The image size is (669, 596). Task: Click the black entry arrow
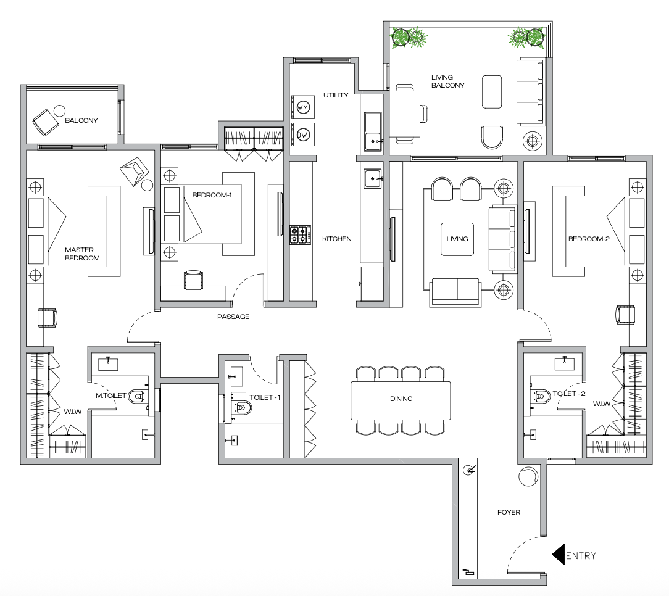[x=559, y=555]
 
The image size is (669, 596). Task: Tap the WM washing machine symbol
[x=302, y=107]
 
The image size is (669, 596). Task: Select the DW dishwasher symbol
[x=302, y=134]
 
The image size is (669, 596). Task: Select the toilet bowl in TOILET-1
[x=242, y=407]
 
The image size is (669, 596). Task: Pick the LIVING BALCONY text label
[x=447, y=81]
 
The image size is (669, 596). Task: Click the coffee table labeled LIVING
[x=457, y=239]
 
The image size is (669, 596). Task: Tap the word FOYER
[x=509, y=512]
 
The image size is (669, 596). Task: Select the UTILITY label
[x=336, y=95]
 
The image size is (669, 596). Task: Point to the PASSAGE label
[x=233, y=317]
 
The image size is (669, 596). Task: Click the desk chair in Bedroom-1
[x=194, y=279]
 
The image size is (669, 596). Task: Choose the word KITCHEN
[x=337, y=239]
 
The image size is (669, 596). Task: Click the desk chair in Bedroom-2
[x=625, y=314]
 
